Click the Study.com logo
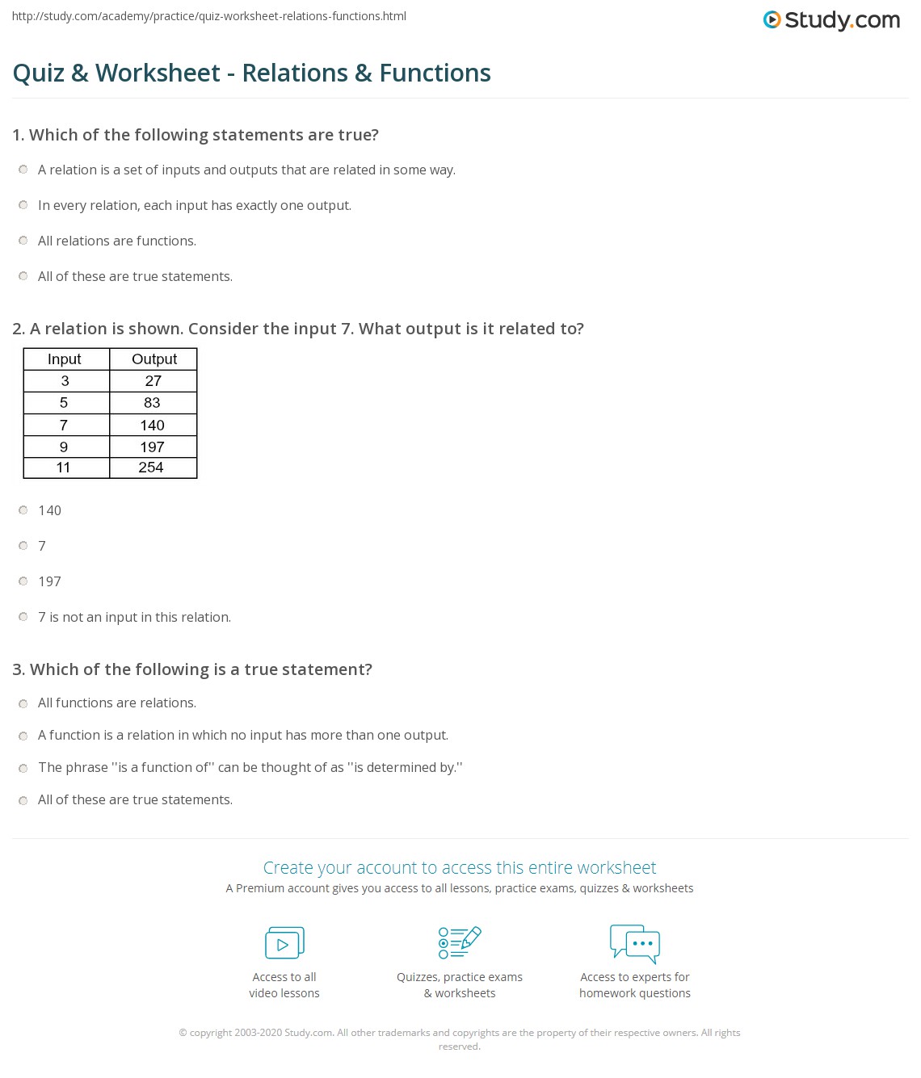(x=831, y=20)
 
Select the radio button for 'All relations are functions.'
(x=23, y=241)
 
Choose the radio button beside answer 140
(x=23, y=510)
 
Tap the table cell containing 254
(x=152, y=468)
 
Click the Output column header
(x=153, y=359)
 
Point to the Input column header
(x=65, y=359)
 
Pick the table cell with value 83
(x=152, y=403)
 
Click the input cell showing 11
(x=64, y=468)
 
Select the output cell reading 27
(x=153, y=381)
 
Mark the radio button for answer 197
(x=23, y=581)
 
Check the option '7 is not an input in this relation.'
(x=23, y=617)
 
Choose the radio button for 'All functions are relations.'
(x=23, y=703)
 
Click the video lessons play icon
(x=284, y=942)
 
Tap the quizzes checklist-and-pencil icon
(x=460, y=942)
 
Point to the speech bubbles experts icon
(x=635, y=943)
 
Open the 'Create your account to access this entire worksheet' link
(x=459, y=868)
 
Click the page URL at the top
(x=209, y=16)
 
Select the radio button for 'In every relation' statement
(x=23, y=205)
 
